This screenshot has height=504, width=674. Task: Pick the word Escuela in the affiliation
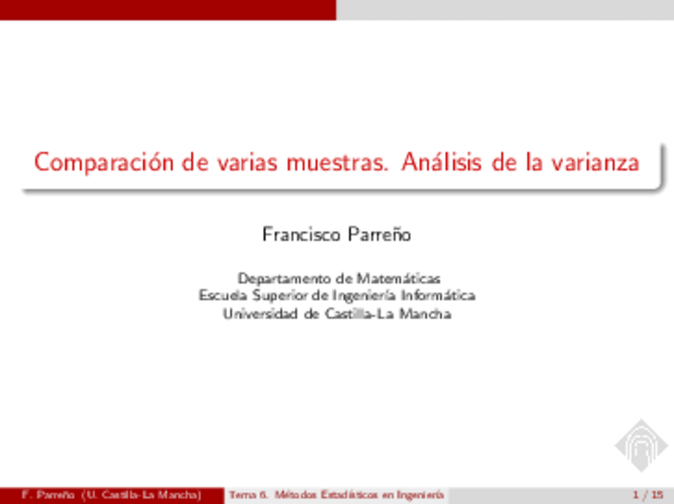click(x=223, y=296)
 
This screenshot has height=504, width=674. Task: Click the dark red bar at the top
click(x=167, y=9)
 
